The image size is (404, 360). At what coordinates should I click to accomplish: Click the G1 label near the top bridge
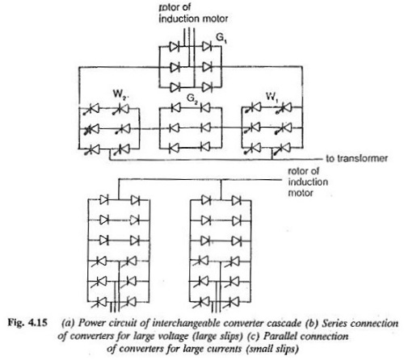pyautogui.click(x=221, y=38)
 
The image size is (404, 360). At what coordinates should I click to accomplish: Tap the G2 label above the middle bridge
pyautogui.click(x=191, y=98)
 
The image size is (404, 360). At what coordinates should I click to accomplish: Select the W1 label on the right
pyautogui.click(x=272, y=97)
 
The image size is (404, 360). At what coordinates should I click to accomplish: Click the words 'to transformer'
pyautogui.click(x=357, y=158)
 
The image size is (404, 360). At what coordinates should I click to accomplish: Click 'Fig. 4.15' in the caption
pyautogui.click(x=27, y=322)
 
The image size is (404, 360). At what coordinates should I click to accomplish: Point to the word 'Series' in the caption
pyautogui.click(x=335, y=323)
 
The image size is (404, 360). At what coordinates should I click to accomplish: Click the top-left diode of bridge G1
pyautogui.click(x=174, y=47)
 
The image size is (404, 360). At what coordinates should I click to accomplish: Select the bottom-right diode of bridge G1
pyautogui.click(x=207, y=87)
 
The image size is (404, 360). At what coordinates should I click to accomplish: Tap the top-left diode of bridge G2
pyautogui.click(x=175, y=108)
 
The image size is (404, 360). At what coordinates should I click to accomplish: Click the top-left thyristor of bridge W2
pyautogui.click(x=92, y=109)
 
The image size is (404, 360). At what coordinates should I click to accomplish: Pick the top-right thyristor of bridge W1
pyautogui.click(x=284, y=107)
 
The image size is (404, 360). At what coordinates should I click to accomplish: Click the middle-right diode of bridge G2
pyautogui.click(x=205, y=128)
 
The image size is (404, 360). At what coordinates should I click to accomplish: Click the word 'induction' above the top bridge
pyautogui.click(x=177, y=19)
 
